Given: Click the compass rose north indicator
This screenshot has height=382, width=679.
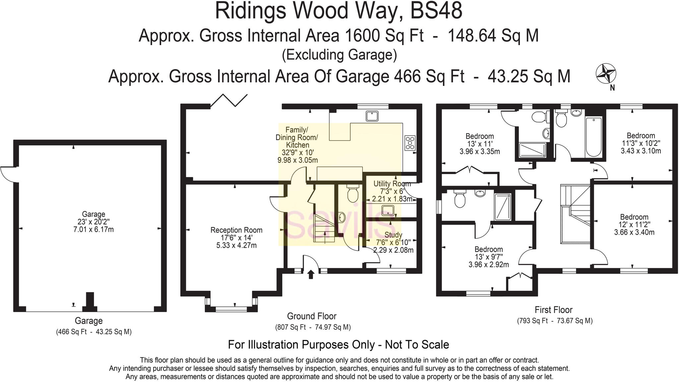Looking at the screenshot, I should tap(606, 74).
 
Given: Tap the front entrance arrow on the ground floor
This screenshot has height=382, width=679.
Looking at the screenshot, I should tap(311, 274).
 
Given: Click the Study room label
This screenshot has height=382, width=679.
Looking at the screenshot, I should tap(393, 235).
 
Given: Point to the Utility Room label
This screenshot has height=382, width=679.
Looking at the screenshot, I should tap(392, 184).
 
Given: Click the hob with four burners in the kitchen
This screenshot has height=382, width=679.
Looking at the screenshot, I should tap(410, 143).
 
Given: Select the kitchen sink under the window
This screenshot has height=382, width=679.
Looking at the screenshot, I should tap(372, 116).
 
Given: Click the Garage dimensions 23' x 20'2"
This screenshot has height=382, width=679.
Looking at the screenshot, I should tap(93, 222).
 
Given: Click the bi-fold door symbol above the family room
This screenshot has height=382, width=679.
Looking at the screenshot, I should tap(229, 100).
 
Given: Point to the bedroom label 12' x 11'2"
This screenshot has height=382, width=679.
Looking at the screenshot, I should tap(634, 225).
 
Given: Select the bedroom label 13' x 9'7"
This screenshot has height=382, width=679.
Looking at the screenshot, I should tap(488, 257).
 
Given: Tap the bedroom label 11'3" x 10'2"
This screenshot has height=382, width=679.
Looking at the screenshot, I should tap(641, 143).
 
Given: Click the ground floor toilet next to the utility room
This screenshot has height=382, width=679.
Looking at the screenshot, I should tap(352, 194).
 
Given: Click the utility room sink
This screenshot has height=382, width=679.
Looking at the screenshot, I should tap(388, 210).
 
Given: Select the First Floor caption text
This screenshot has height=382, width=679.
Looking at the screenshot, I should tap(553, 310).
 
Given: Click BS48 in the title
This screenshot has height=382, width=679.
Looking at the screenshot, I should tap(436, 11).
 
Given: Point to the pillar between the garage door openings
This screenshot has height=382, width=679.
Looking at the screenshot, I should tap(90, 301).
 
